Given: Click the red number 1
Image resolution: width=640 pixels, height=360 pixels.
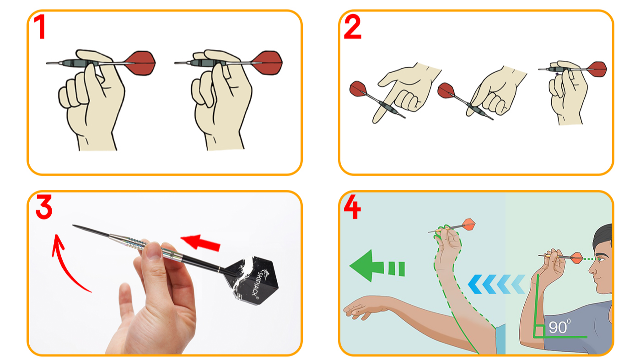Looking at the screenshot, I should pyautogui.click(x=40, y=27).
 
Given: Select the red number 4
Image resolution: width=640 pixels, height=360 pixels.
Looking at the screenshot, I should pyautogui.click(x=352, y=208).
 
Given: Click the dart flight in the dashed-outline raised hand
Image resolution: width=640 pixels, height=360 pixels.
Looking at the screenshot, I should pyautogui.click(x=469, y=224).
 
